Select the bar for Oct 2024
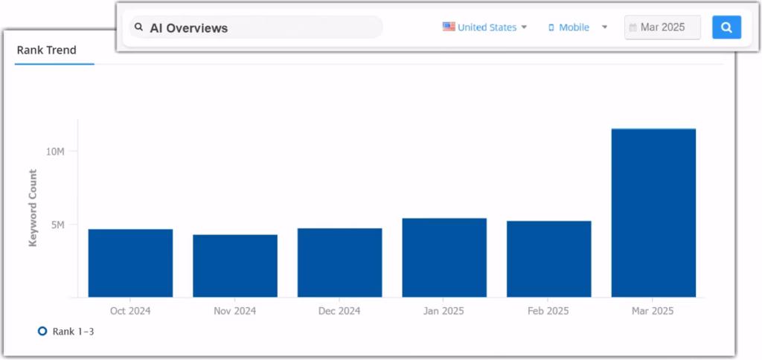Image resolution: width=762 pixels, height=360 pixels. pyautogui.click(x=130, y=263)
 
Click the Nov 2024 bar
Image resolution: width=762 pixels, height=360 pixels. pyautogui.click(x=235, y=266)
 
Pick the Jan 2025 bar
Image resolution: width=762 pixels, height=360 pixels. pyautogui.click(x=444, y=258)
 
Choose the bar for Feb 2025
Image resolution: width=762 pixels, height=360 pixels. pyautogui.click(x=548, y=260)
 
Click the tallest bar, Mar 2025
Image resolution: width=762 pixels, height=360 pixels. pyautogui.click(x=653, y=213)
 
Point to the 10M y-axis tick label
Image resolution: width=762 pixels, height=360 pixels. pyautogui.click(x=56, y=152)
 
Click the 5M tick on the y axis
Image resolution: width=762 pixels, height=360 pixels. pyautogui.click(x=58, y=225)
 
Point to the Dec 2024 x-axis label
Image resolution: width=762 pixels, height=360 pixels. pyautogui.click(x=339, y=311)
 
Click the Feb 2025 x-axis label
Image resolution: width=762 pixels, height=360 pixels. pyautogui.click(x=548, y=311)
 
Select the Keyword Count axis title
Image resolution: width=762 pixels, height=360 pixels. pyautogui.click(x=33, y=208)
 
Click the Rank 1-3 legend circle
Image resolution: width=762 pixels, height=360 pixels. pyautogui.click(x=42, y=331)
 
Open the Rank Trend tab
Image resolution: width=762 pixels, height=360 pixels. pyautogui.click(x=46, y=51)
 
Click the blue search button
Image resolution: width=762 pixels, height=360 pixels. pyautogui.click(x=726, y=28)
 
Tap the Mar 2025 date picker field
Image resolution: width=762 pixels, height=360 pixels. pyautogui.click(x=662, y=28)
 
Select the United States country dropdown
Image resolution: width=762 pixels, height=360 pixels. pyautogui.click(x=487, y=28)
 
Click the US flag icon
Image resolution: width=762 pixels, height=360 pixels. pyautogui.click(x=449, y=27)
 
